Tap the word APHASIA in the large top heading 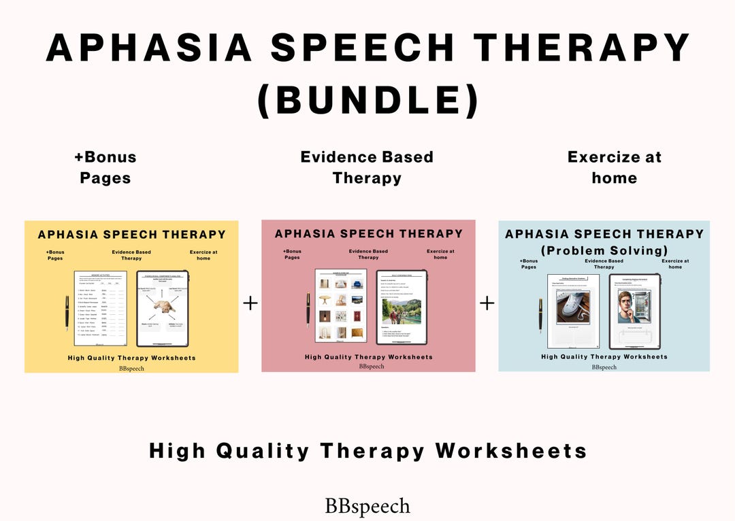(146, 48)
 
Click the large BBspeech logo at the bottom (367, 506)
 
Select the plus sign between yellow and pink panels (250, 303)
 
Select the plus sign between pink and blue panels (487, 303)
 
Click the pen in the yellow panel (67, 312)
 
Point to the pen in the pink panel (308, 309)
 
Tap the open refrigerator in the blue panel (647, 306)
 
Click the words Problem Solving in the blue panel (604, 250)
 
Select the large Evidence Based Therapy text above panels (367, 167)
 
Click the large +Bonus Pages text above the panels (105, 167)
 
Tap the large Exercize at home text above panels (614, 167)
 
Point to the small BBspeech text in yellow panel (131, 369)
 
